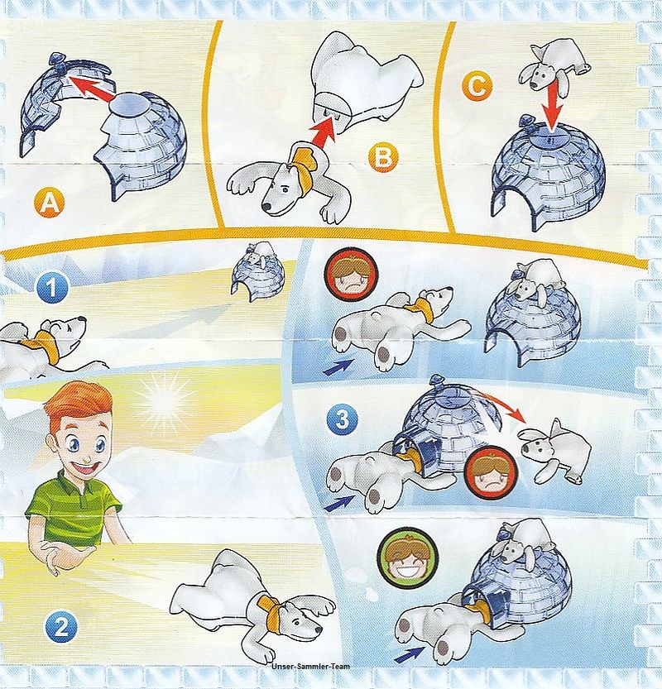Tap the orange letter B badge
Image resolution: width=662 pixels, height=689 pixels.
[x=383, y=156]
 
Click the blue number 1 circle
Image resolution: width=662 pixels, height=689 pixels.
[x=52, y=288]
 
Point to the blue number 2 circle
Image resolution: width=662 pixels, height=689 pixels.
[x=60, y=628]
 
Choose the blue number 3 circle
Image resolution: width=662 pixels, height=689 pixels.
[x=343, y=420]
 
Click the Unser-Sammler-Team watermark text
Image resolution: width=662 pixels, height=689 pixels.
[x=311, y=667]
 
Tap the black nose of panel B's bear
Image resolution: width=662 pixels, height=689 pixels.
[x=266, y=206]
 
